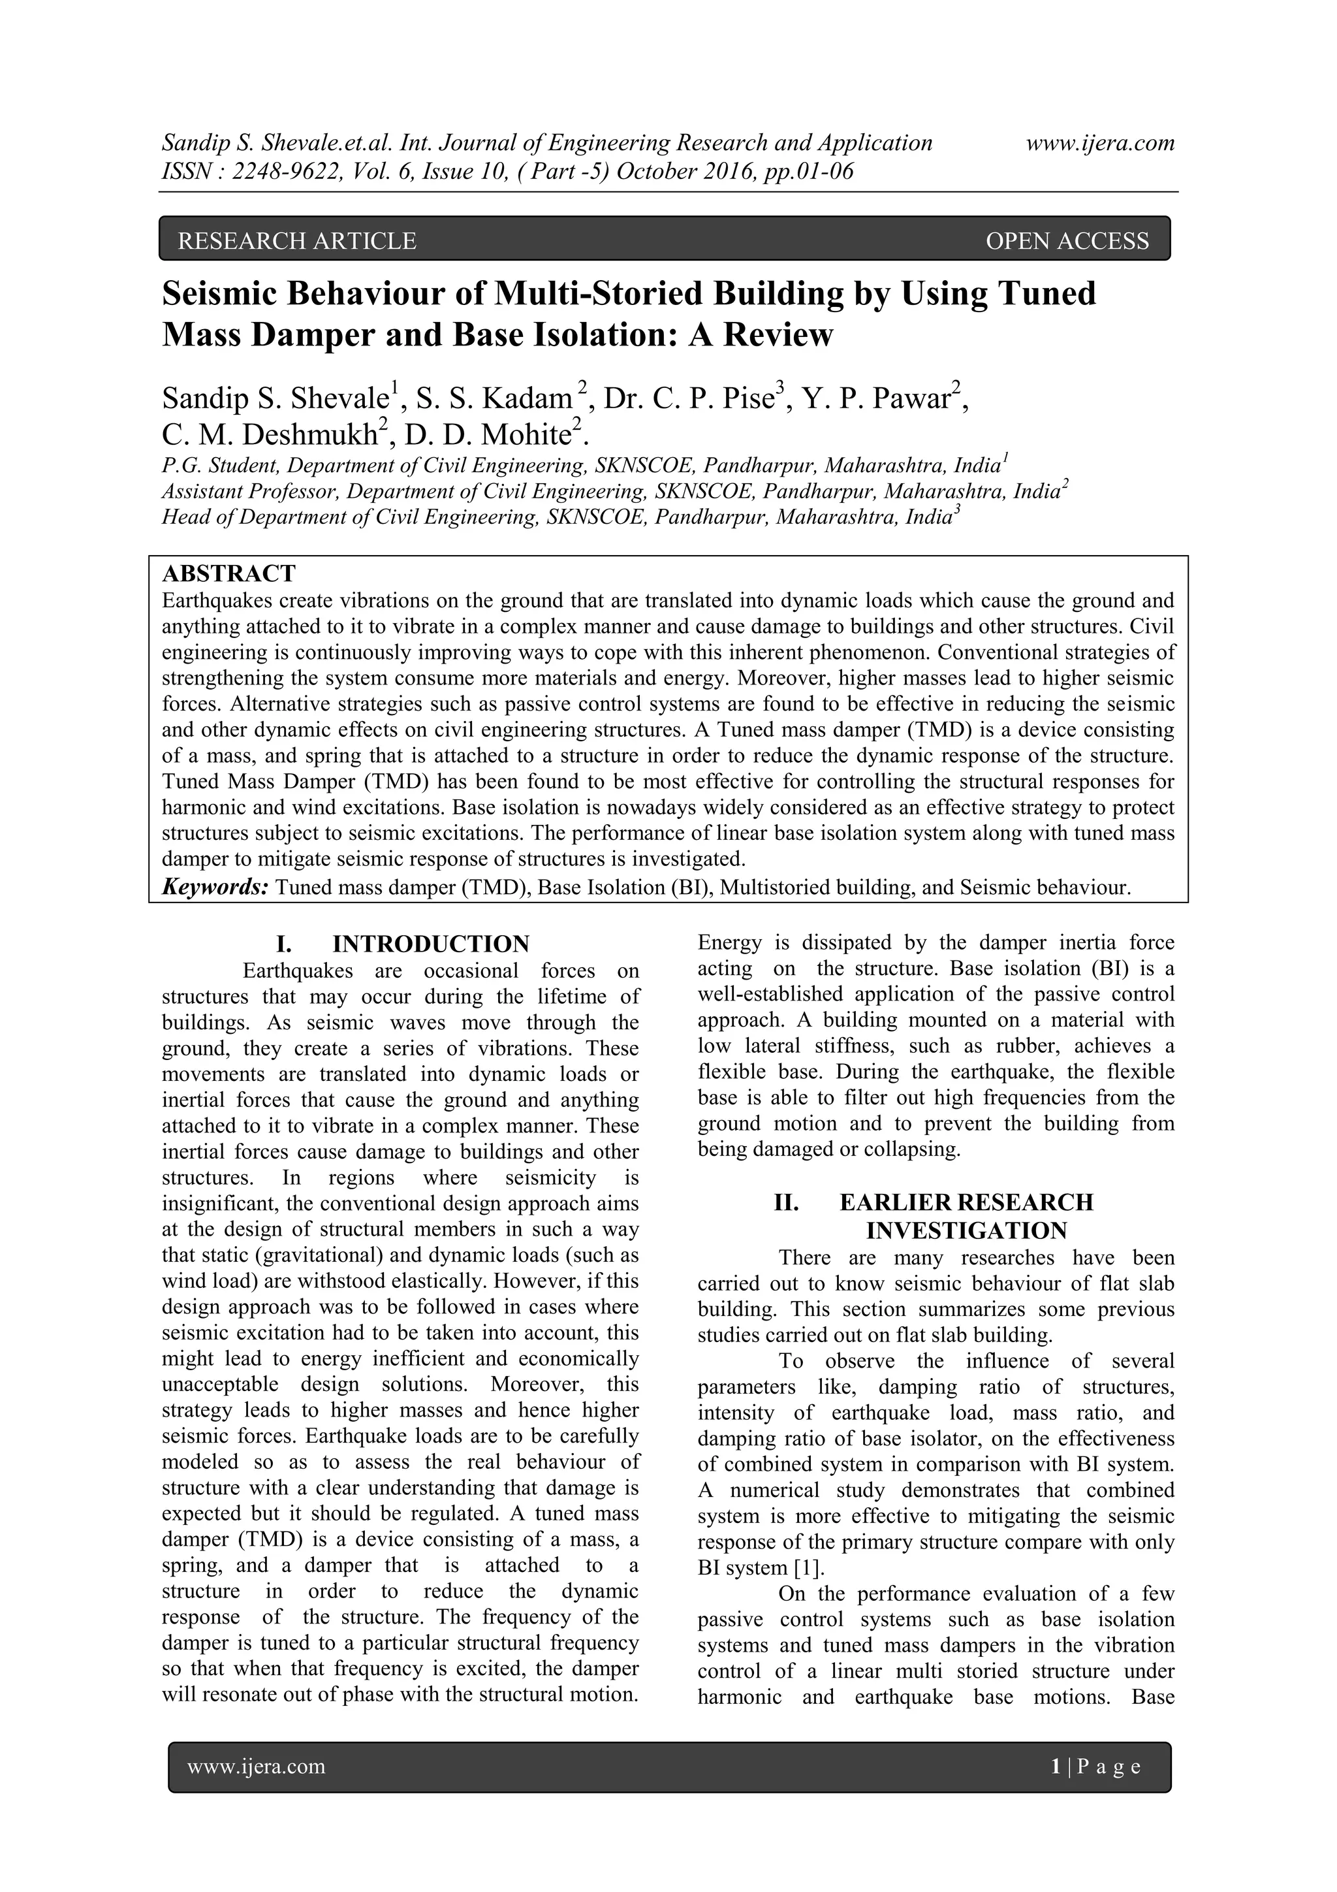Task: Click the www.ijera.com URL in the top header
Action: tap(1100, 144)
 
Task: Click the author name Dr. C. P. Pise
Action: tap(695, 399)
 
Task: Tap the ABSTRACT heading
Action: tap(229, 573)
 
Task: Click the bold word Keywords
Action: tap(216, 887)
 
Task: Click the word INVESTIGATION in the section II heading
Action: tap(966, 1231)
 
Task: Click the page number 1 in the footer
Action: tap(1055, 1766)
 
